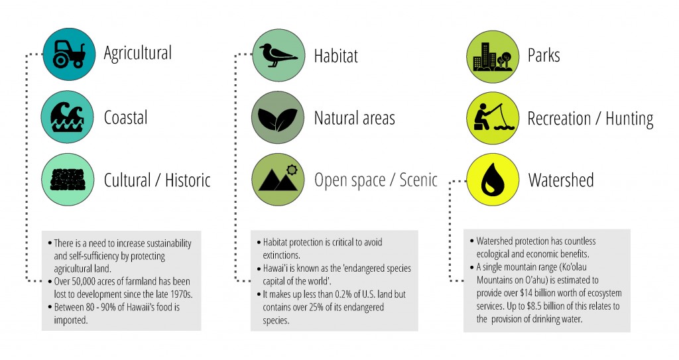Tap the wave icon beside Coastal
point(67,117)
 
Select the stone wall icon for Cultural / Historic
point(67,179)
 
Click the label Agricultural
point(137,53)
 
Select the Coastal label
point(125,118)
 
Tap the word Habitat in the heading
point(336,56)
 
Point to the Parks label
point(544,55)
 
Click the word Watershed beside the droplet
point(561,180)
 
